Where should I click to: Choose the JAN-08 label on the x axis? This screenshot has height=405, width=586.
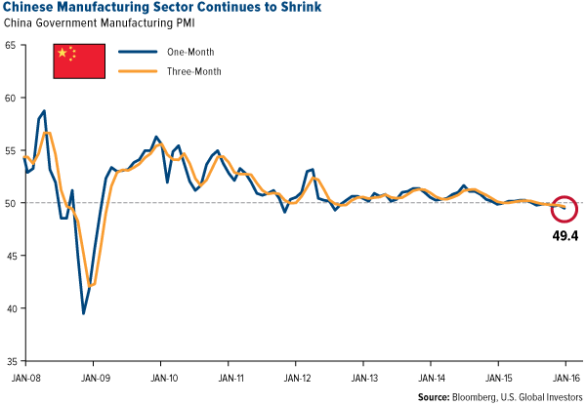coord(23,377)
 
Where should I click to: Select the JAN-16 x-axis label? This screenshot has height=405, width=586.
coord(566,377)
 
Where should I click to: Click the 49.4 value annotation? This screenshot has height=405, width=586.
coord(565,234)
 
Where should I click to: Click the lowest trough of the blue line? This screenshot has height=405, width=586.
coord(84,313)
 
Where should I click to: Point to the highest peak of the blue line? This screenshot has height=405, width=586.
coord(44,111)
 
